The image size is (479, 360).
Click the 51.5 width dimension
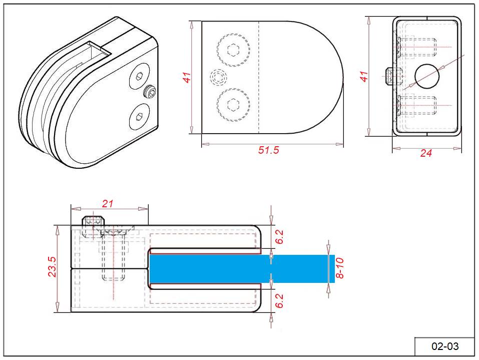[x=269, y=151]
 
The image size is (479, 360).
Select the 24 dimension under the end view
[x=426, y=153]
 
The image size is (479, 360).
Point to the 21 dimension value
[x=108, y=203]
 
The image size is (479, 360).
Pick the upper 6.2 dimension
[x=280, y=237]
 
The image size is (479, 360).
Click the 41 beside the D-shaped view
[x=187, y=78]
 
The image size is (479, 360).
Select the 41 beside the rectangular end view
[x=364, y=76]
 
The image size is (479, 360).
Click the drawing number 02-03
[x=444, y=346]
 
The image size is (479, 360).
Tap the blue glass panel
[x=240, y=269]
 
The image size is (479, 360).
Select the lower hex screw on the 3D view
[x=139, y=118]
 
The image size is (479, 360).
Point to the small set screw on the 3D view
[x=150, y=92]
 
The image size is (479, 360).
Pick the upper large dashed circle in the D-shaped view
[x=233, y=50]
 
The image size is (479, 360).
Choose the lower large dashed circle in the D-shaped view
[x=233, y=105]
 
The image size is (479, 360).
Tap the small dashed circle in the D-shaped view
[x=218, y=77]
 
